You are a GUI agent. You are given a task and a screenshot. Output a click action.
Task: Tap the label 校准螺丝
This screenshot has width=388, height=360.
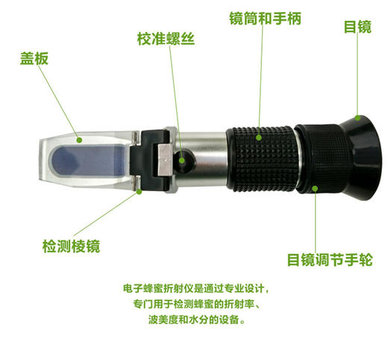166,38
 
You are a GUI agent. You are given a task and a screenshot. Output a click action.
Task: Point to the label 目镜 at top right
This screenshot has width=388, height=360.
357,28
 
